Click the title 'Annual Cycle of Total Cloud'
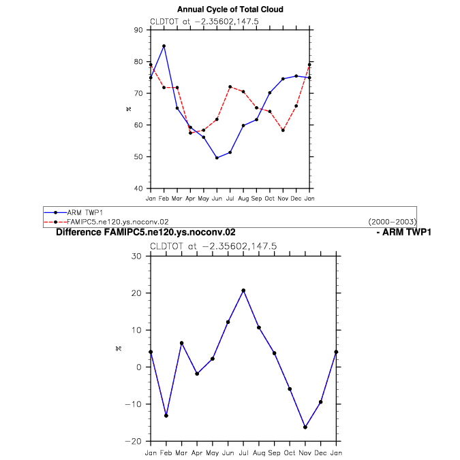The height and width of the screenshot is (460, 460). tap(230, 10)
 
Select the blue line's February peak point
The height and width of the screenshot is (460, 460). tap(164, 46)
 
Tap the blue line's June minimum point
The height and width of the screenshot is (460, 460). tap(217, 158)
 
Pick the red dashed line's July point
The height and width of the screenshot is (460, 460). tap(230, 87)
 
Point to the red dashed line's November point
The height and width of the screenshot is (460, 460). tap(283, 130)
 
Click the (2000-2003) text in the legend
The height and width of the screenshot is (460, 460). tap(392, 222)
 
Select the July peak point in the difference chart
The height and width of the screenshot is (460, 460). tap(243, 291)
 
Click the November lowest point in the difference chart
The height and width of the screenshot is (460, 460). tap(305, 427)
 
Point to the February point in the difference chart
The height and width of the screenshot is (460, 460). tap(166, 416)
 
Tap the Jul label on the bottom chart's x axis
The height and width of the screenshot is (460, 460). tap(243, 453)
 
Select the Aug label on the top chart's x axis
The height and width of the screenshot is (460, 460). tap(243, 199)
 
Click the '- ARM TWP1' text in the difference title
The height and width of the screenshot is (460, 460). tap(403, 232)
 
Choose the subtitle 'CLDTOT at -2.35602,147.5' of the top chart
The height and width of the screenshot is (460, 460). tap(204, 21)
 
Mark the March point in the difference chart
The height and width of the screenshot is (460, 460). tap(181, 343)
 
